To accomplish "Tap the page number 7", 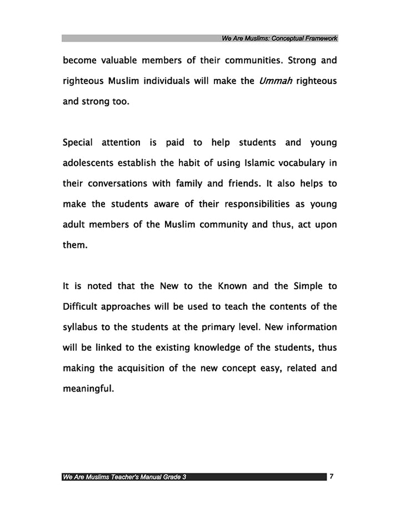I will (331, 477).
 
